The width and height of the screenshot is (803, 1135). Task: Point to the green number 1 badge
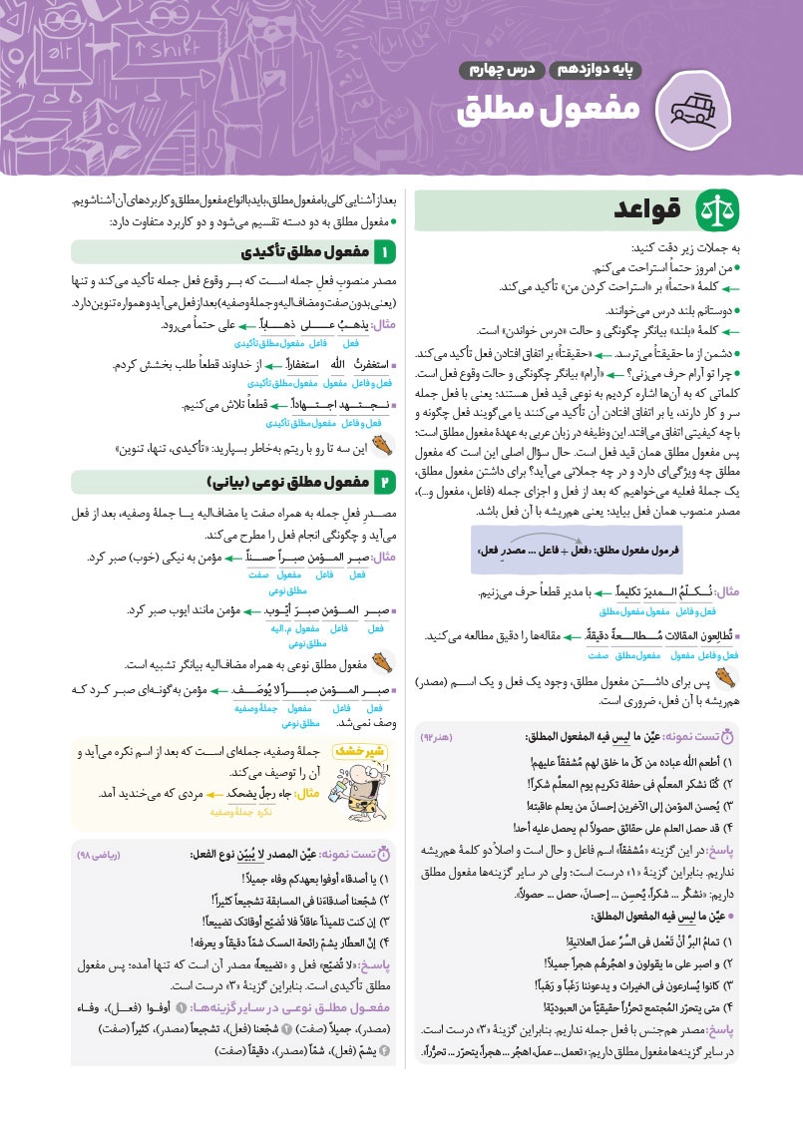(x=383, y=251)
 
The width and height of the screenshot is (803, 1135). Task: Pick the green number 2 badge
(x=383, y=483)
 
